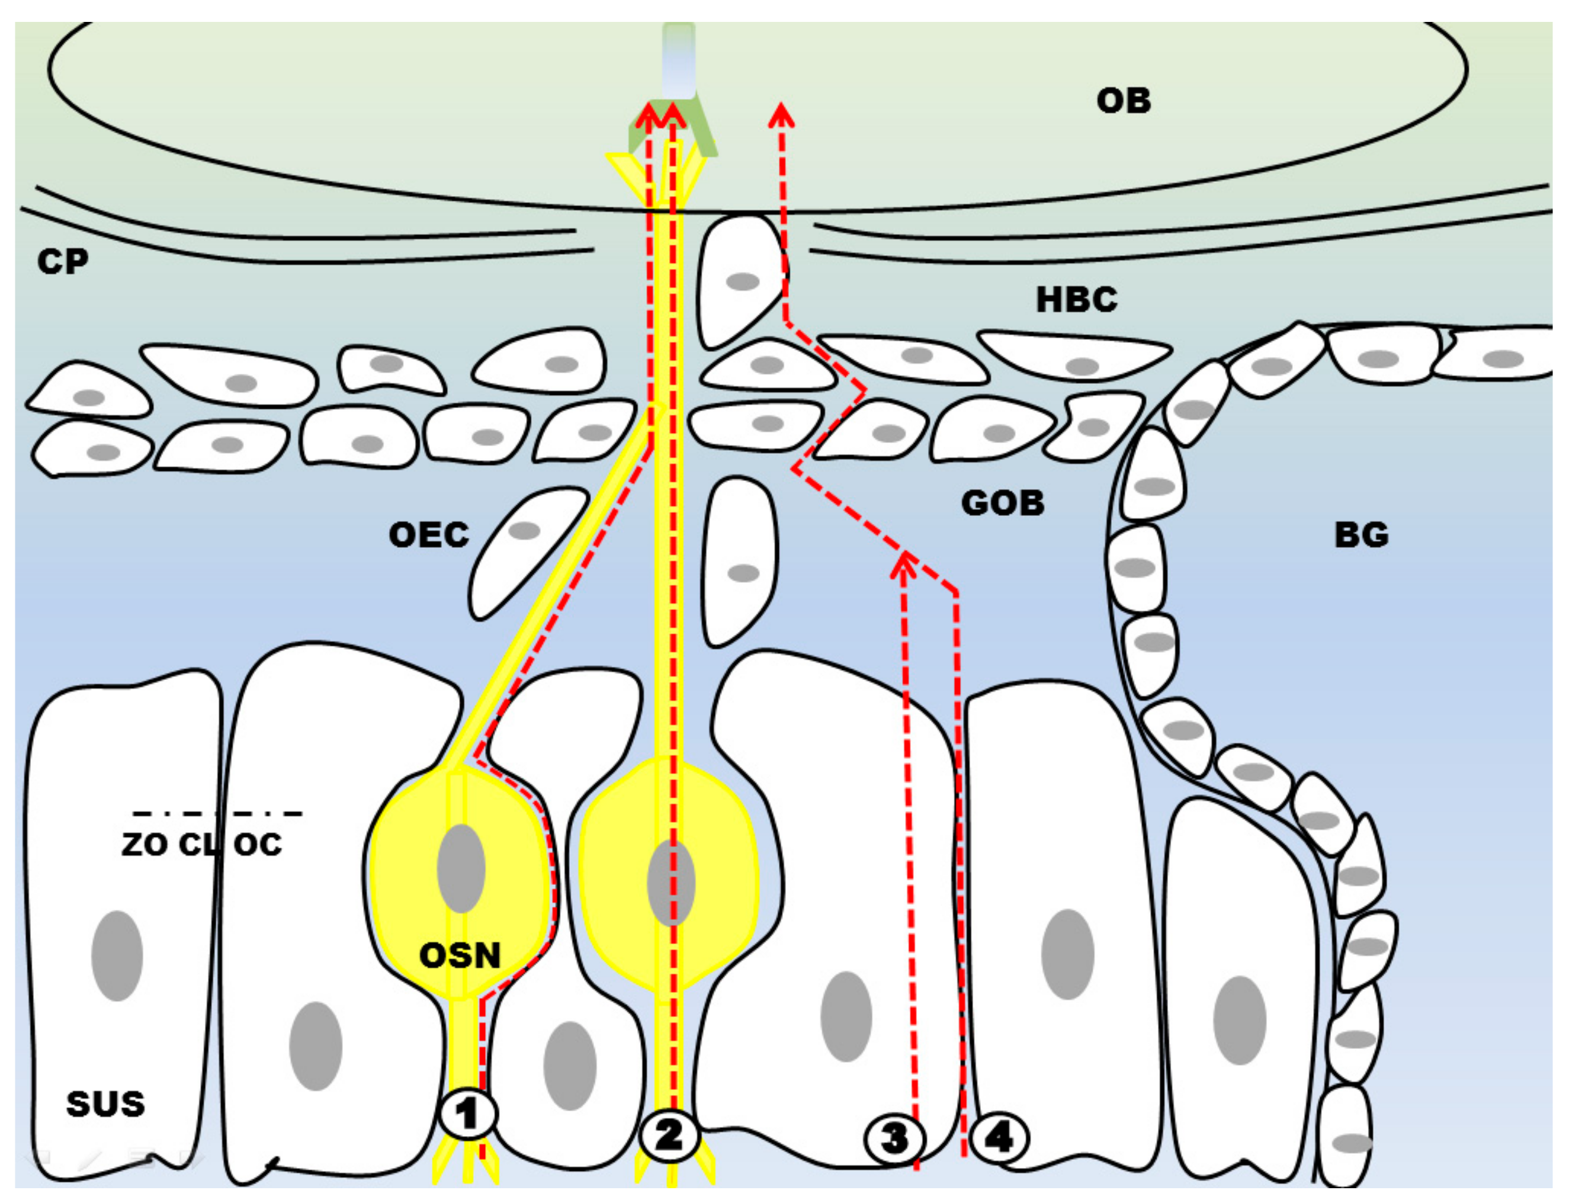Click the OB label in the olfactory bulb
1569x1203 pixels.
(x=1122, y=101)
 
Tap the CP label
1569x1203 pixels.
(x=63, y=262)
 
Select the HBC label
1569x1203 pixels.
(x=1076, y=299)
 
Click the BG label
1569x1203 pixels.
(x=1361, y=535)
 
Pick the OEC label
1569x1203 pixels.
(x=428, y=535)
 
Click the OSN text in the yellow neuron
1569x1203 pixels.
(x=459, y=955)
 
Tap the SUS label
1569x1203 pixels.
(x=105, y=1103)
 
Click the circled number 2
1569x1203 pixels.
(x=669, y=1135)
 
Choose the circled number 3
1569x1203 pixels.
(x=894, y=1138)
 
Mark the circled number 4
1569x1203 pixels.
(x=999, y=1137)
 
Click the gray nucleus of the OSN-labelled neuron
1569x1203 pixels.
(x=461, y=868)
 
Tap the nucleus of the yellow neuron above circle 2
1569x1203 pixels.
(x=670, y=883)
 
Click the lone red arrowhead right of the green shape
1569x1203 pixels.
(x=781, y=114)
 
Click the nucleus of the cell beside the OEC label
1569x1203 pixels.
(x=524, y=531)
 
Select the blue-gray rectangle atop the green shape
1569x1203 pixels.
(x=678, y=61)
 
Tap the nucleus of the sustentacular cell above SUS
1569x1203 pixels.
(x=117, y=955)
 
